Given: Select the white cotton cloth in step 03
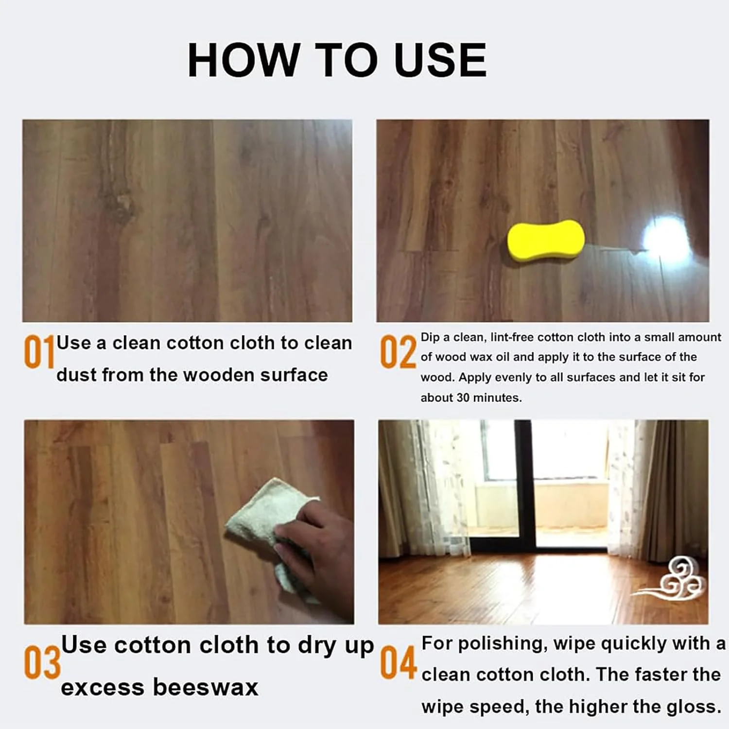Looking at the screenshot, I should tap(262, 515).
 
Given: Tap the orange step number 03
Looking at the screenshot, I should tap(42, 662).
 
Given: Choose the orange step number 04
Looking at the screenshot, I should tap(398, 662).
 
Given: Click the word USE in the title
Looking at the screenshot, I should tap(440, 60).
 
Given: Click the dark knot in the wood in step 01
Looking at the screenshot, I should tap(117, 204).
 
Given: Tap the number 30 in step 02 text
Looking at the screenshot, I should tap(463, 398).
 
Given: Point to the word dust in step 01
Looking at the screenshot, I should tap(77, 375).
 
